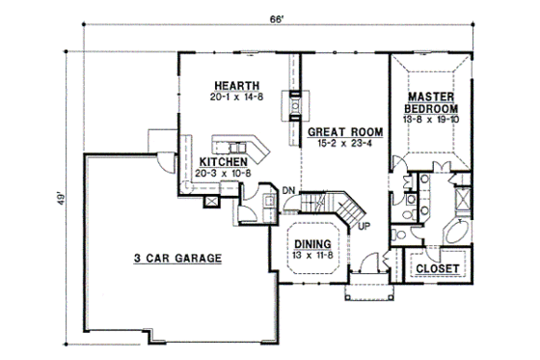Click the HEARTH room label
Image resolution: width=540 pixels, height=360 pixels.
[228, 85]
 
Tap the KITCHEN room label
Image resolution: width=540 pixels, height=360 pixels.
[231, 161]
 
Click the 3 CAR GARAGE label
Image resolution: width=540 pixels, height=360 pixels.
[177, 258]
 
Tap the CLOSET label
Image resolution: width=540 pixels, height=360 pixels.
[438, 267]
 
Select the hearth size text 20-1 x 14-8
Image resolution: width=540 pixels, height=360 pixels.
[228, 97]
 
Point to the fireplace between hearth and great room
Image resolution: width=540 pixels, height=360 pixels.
[290, 105]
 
